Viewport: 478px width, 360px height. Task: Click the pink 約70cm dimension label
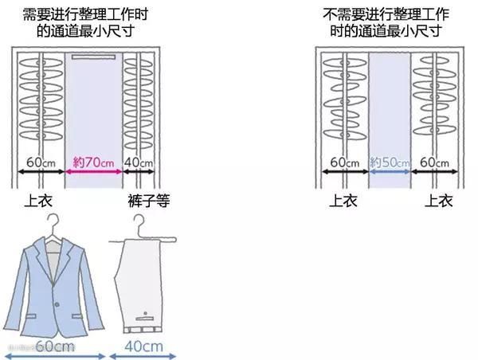point(93,162)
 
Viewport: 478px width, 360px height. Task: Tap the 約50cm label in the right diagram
point(390,162)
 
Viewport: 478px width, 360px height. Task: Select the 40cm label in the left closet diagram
point(138,162)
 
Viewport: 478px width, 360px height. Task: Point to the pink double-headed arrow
point(93,171)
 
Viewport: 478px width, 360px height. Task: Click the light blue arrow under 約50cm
point(390,171)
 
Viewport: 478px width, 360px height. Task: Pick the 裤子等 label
point(149,201)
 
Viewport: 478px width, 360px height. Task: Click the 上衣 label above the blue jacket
point(38,201)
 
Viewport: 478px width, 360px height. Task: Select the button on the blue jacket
point(57,304)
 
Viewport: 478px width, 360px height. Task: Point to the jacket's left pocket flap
point(31,316)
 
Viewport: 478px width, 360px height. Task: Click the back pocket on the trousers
point(145,319)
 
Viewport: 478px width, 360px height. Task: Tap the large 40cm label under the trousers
point(143,346)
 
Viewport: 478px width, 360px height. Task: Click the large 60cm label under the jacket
point(55,346)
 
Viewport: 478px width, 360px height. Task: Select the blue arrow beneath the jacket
point(55,356)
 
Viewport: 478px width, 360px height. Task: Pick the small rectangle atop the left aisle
point(93,57)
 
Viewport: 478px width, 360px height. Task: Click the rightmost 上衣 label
point(439,201)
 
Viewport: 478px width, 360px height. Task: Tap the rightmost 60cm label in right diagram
point(434,162)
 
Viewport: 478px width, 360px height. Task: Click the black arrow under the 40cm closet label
point(139,171)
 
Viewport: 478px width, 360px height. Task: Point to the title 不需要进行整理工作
point(386,14)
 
